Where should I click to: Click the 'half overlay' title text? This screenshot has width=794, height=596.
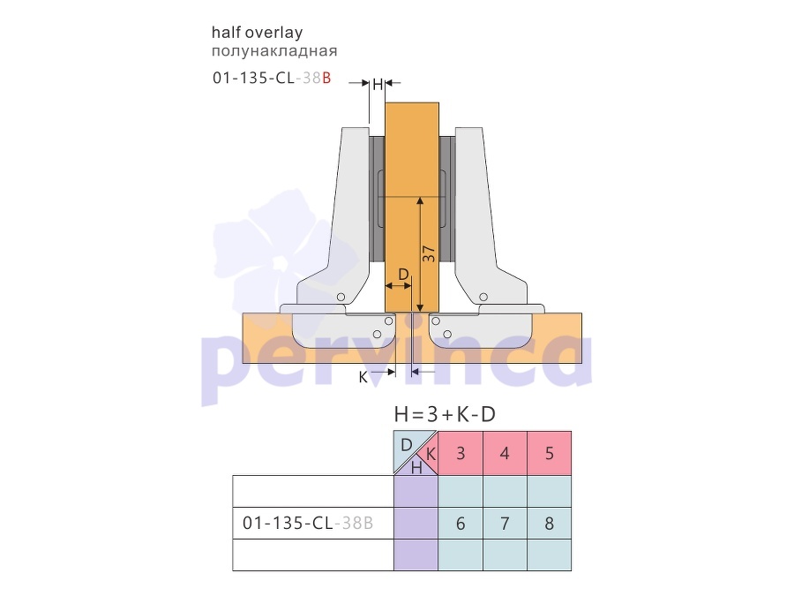point(258,33)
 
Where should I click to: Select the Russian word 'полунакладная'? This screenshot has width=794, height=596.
point(274,51)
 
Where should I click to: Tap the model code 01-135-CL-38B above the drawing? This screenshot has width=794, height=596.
point(272,78)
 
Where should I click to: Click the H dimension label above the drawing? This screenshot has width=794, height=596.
point(378,85)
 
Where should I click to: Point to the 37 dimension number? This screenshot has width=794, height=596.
point(429,253)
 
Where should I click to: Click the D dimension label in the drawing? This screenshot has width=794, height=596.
point(403,275)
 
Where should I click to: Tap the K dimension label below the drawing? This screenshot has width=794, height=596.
point(363,377)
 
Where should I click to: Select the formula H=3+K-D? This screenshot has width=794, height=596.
point(445,415)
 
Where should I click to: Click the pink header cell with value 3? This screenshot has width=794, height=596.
point(461,453)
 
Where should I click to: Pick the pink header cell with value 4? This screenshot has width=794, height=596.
point(505,453)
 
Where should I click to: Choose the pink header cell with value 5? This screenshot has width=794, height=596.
point(550,453)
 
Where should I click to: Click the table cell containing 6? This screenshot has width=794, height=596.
point(461,523)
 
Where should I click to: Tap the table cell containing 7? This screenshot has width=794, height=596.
point(505,523)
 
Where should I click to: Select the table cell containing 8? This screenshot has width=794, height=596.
point(550,523)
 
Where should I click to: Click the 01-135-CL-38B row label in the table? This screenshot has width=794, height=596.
point(308,523)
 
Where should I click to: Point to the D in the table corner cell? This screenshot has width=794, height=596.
point(406,445)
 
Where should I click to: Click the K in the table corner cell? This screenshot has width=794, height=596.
point(431,454)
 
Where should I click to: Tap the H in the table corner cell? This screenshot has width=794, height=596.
point(416,468)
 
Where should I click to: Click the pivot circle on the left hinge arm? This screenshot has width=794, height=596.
point(341,297)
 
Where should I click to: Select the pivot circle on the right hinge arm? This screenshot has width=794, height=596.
point(483,297)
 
